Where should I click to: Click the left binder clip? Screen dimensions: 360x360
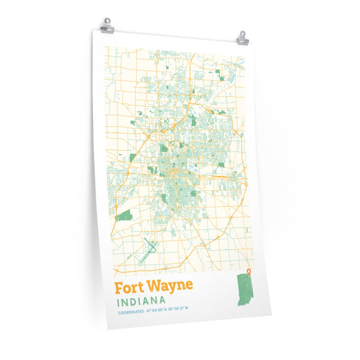coord(107,26)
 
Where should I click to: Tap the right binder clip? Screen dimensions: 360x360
coord(242,38)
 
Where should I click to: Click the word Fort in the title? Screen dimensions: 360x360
coord(127,285)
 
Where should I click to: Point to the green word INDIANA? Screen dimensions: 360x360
coord(142,299)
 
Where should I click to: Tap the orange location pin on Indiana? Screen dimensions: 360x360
coord(249,275)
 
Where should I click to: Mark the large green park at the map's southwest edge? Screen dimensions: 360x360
coord(124,215)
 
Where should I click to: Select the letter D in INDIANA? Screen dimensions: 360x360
coord(136,300)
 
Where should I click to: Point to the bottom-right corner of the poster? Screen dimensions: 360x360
coord(271,313)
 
